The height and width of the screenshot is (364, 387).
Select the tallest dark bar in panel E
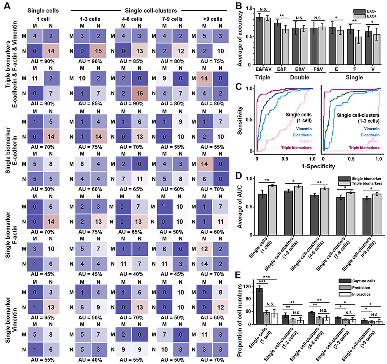click(267, 306)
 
